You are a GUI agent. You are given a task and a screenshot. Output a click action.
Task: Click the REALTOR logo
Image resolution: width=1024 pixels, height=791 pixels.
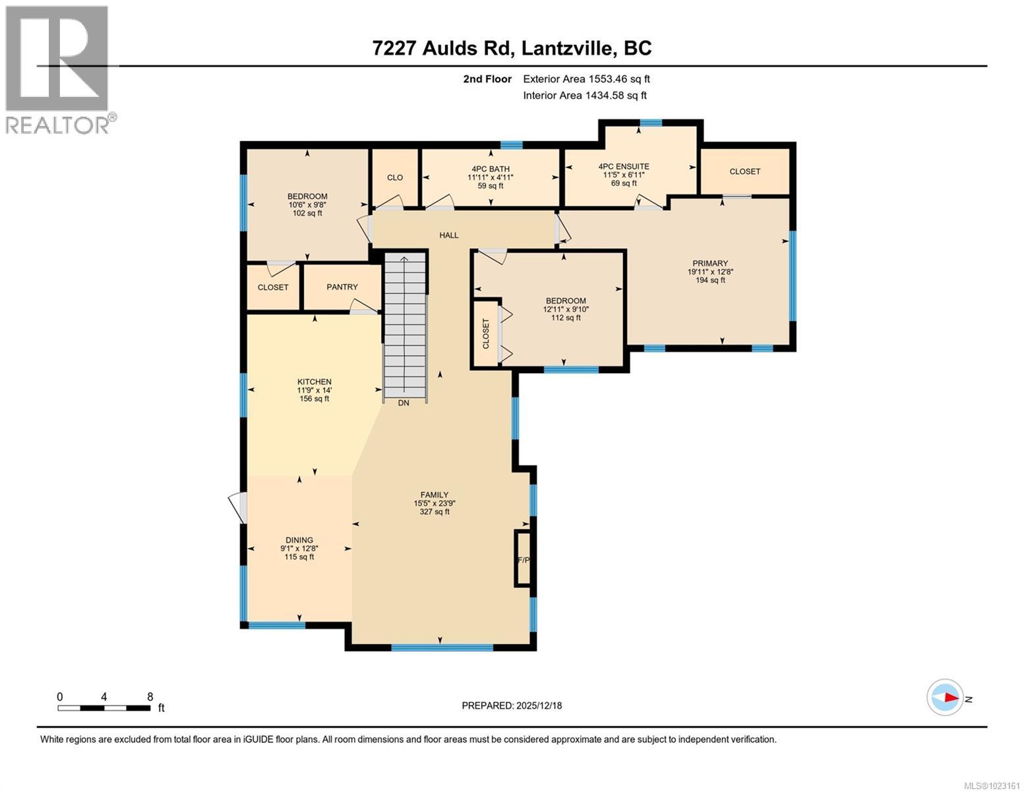58,69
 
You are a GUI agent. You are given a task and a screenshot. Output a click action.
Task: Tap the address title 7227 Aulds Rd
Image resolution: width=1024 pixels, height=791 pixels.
512,48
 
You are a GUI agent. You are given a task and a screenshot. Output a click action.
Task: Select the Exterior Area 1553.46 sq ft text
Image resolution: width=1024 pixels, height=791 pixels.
586,79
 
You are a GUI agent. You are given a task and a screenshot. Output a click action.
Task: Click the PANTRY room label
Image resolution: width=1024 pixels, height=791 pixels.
342,287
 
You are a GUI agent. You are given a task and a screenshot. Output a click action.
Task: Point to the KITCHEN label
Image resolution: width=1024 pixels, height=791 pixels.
314,382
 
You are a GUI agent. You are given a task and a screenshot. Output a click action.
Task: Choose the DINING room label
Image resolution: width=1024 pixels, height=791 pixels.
299,540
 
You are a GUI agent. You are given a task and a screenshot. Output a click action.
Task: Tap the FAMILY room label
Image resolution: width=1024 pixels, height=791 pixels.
435,495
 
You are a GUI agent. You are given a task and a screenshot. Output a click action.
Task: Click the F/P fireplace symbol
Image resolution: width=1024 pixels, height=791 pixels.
524,559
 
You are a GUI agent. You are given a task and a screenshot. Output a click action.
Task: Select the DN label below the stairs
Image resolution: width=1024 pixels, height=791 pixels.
404,403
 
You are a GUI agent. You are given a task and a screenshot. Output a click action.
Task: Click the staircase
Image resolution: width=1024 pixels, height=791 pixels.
405,326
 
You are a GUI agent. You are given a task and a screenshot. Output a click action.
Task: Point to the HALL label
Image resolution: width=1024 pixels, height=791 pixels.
449,235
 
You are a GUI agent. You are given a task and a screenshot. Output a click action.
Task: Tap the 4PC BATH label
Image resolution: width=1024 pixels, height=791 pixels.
491,169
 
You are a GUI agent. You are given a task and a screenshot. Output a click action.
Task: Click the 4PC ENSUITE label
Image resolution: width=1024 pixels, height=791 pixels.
624,167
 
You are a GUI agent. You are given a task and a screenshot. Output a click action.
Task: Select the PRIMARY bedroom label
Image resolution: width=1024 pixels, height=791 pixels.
709,263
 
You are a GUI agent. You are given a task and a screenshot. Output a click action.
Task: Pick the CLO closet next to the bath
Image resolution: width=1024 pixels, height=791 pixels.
395,177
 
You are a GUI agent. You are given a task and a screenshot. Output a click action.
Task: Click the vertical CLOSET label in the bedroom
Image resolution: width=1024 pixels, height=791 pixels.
486,334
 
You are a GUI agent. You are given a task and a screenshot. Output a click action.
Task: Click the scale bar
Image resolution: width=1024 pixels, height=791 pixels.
104,708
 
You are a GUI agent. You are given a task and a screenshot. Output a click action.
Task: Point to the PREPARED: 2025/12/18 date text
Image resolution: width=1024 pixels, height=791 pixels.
512,705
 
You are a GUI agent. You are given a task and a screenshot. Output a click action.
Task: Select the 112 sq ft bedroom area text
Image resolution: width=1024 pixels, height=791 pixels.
566,318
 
